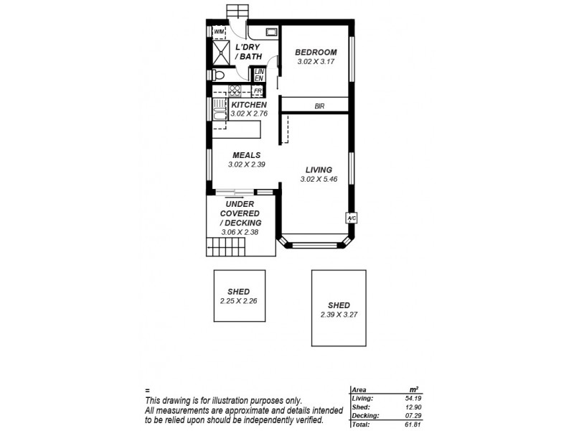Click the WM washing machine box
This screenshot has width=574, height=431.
[219, 32]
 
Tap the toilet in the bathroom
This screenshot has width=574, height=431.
[220, 75]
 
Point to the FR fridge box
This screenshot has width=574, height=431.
[257, 91]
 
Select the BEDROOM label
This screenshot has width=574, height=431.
[316, 52]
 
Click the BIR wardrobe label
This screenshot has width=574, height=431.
[319, 106]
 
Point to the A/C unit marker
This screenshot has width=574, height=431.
[352, 218]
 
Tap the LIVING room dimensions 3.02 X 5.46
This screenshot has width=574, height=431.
[316, 179]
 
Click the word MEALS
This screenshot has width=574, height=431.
[245, 155]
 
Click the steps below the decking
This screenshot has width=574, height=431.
[227, 249]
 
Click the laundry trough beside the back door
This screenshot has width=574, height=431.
[271, 32]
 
